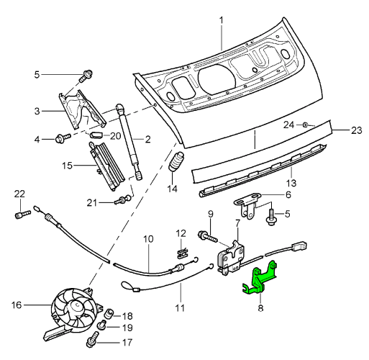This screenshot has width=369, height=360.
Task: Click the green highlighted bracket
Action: coord(260,279)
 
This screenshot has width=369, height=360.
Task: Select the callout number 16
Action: coord(17,305)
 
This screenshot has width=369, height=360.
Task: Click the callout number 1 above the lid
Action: coord(222,20)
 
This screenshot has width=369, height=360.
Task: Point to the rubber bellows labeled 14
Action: coord(176,162)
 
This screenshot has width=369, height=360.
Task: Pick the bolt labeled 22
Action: coord(23,214)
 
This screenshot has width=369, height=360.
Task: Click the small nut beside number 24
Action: coord(306,125)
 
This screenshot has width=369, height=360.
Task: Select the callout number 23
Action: coord(357,130)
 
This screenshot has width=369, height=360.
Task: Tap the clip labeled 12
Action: coord(183,253)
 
